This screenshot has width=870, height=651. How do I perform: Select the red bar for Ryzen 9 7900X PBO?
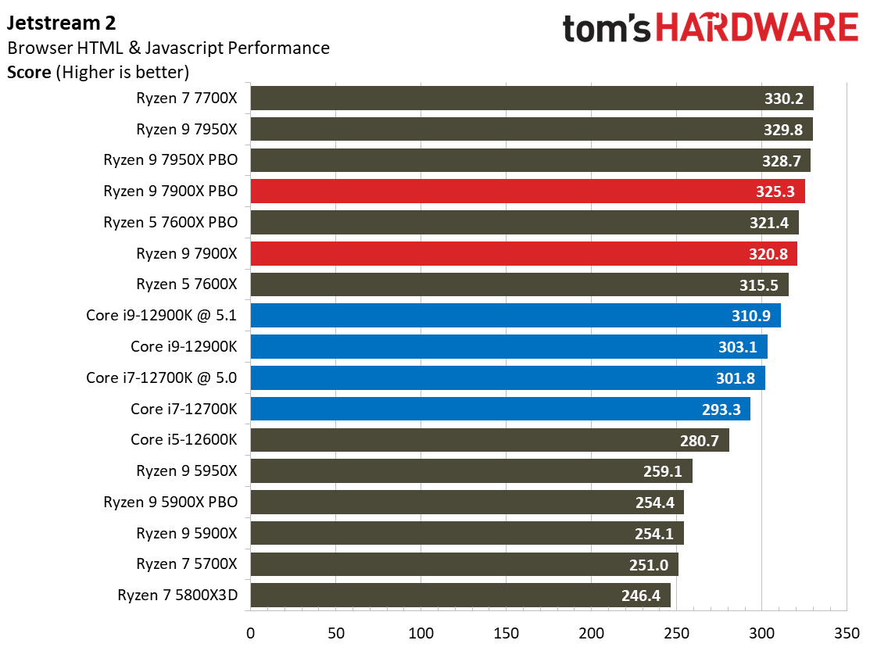click(x=527, y=191)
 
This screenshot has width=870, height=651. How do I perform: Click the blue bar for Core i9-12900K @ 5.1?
click(x=515, y=316)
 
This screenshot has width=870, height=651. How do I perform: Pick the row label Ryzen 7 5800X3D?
click(x=177, y=596)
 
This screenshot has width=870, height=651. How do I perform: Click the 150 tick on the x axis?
click(x=506, y=631)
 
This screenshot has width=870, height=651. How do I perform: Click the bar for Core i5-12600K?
click(x=489, y=440)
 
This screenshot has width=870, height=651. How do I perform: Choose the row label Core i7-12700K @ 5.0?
click(x=162, y=378)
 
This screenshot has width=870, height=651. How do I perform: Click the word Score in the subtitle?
click(x=27, y=73)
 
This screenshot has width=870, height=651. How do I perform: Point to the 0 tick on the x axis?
click(x=250, y=631)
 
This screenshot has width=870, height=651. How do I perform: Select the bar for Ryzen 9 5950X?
click(x=471, y=471)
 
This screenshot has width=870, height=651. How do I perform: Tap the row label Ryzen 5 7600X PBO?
click(x=170, y=223)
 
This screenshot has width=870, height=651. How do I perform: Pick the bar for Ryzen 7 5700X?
click(x=464, y=564)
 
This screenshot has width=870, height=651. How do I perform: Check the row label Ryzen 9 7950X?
click(x=187, y=129)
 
